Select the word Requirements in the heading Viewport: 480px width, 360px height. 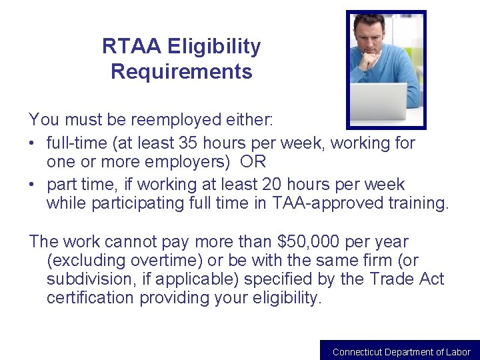click(x=181, y=71)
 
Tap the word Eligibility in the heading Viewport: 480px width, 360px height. click(x=214, y=47)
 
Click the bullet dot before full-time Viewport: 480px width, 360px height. click(x=33, y=143)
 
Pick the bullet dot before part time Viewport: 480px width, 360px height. click(x=33, y=185)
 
